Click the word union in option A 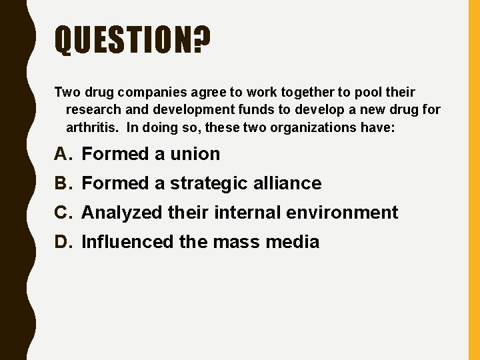point(195,154)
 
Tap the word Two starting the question point(66,92)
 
